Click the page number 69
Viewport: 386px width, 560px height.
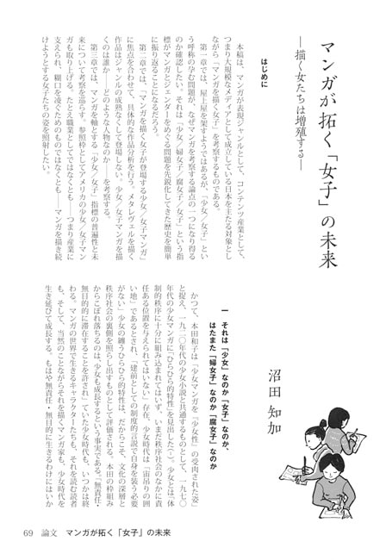point(28,543)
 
